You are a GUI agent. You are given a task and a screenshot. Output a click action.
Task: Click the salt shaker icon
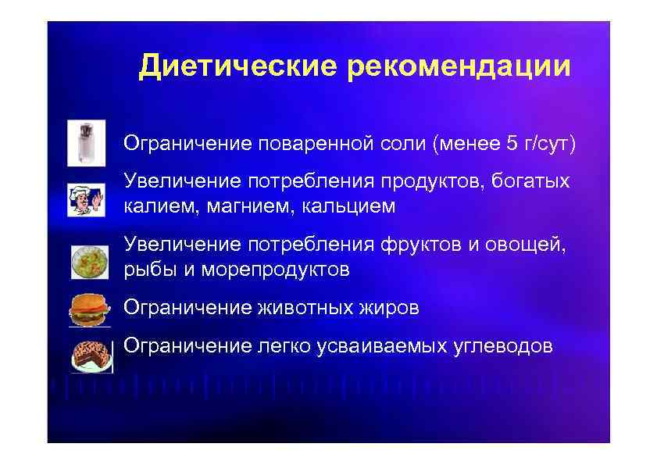(x=81, y=143)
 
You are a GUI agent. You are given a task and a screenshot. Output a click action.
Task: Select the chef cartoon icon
(x=85, y=199)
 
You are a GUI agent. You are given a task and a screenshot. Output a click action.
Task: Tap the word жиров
(x=389, y=308)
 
